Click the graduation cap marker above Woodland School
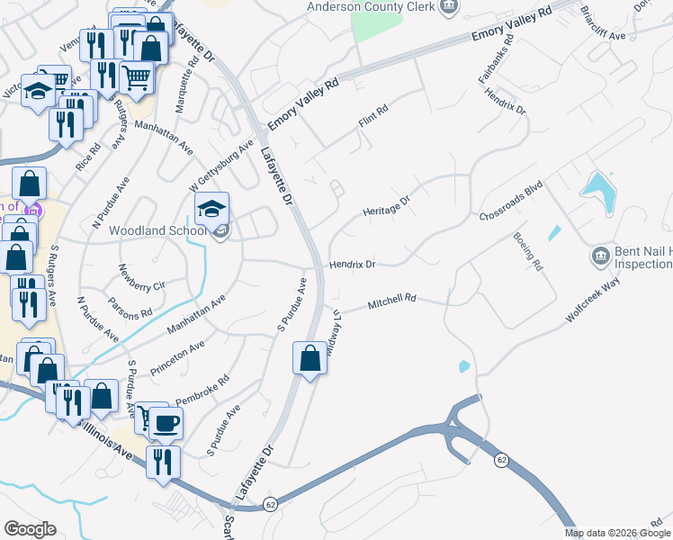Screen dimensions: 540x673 pyautogui.click(x=211, y=210)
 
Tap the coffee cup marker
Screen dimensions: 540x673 pyautogui.click(x=166, y=422)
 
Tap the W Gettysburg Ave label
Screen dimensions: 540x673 pyautogui.click(x=221, y=165)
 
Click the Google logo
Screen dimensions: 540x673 pyautogui.click(x=31, y=528)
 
